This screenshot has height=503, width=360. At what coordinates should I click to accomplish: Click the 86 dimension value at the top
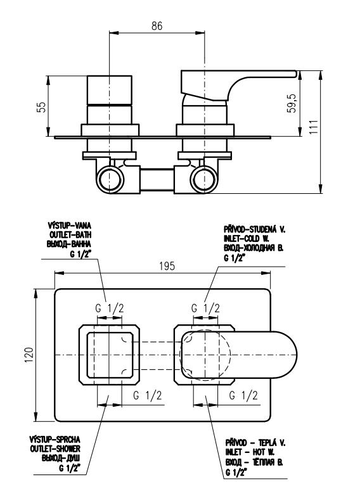click(157, 26)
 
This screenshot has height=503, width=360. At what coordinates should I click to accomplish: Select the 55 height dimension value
click(41, 107)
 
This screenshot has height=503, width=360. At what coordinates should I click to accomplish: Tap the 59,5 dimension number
click(292, 103)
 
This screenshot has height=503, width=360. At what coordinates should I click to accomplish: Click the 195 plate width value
click(167, 266)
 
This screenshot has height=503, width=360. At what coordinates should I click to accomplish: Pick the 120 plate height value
click(29, 355)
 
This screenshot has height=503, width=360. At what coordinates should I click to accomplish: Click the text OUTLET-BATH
click(70, 234)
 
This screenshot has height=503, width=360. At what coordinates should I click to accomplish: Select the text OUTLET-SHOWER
click(55, 449)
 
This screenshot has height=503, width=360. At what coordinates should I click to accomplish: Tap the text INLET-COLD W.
click(247, 238)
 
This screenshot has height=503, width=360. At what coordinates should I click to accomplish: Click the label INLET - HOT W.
click(250, 452)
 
